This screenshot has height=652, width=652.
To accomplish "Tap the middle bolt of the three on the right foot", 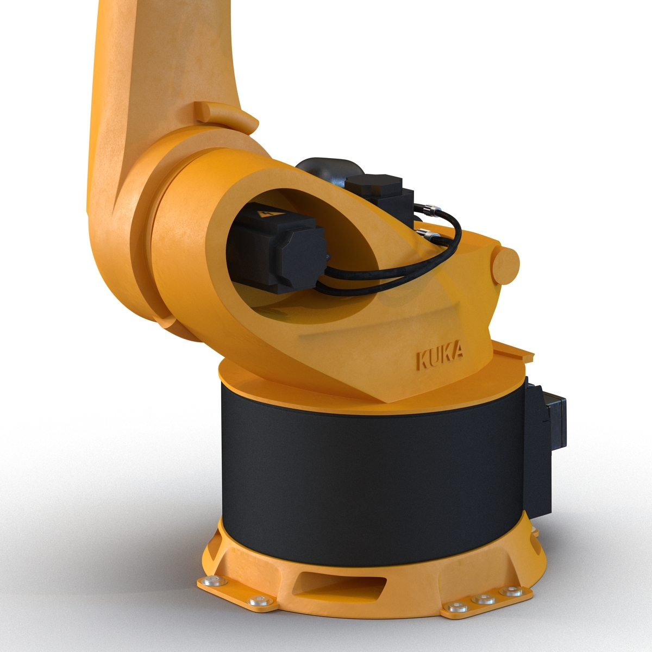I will click(x=480, y=600).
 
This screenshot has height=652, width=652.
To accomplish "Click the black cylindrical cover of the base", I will click(x=369, y=462).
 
